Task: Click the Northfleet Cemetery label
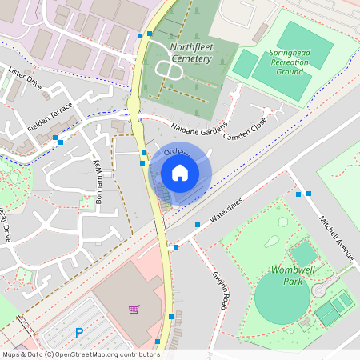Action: [x=191, y=53]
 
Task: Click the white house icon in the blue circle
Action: [x=180, y=172]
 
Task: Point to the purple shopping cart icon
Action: [x=134, y=310]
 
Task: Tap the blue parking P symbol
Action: [x=79, y=333]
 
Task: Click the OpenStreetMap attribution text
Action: [x=81, y=354]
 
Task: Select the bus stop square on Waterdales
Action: [x=198, y=225]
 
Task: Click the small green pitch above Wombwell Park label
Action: [x=304, y=254]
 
